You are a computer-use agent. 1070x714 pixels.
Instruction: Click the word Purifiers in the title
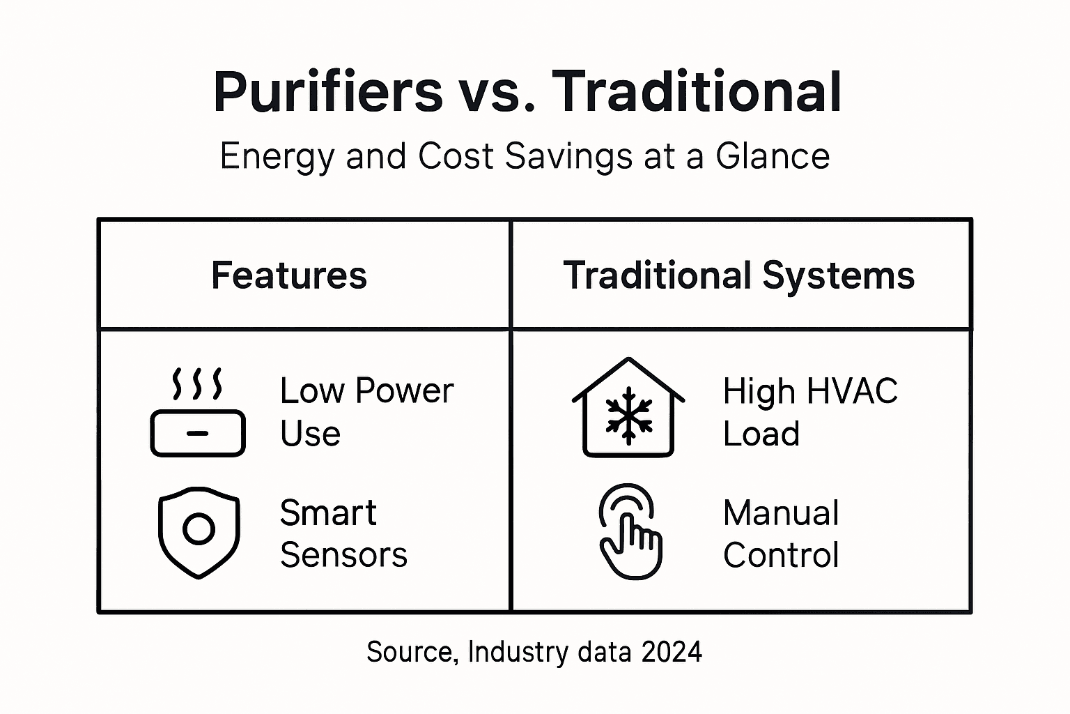pos(328,92)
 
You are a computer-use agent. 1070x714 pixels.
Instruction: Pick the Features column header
pos(289,275)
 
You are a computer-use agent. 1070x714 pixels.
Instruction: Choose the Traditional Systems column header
pos(738,275)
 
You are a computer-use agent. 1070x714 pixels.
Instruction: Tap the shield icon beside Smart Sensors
pos(199,532)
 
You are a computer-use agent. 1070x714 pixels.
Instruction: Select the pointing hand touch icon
pos(630,532)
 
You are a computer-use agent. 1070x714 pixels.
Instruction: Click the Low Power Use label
pos(366,412)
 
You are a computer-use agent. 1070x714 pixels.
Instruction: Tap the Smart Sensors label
pos(343,534)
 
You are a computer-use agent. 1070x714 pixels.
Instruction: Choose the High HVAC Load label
pos(810,412)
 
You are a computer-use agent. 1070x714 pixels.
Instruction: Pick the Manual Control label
pos(781,534)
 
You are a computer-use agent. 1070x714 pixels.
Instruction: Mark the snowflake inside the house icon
pos(629,416)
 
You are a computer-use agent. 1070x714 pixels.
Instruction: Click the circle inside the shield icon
pos(199,529)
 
